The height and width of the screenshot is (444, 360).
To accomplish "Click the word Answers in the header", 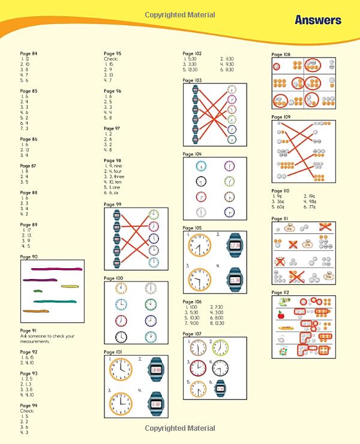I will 317,20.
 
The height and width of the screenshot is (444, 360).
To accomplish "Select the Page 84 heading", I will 28,54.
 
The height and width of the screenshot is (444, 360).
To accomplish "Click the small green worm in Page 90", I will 37,291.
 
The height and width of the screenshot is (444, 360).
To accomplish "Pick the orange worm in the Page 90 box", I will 37,311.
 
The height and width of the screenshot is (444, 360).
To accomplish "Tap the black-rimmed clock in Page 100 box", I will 122,337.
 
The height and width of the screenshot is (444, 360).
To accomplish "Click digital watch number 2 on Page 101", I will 157,370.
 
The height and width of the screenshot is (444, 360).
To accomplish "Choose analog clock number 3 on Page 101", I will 121,403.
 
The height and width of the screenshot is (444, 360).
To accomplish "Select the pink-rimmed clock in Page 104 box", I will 202,197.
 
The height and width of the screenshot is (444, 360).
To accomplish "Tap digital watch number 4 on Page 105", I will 235,280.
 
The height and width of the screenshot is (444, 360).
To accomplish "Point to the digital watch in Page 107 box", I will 220,387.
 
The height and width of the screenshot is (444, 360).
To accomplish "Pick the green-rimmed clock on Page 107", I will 220,347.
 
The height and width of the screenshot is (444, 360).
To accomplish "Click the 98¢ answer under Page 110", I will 313,201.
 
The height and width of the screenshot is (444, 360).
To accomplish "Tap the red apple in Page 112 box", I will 280,314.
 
